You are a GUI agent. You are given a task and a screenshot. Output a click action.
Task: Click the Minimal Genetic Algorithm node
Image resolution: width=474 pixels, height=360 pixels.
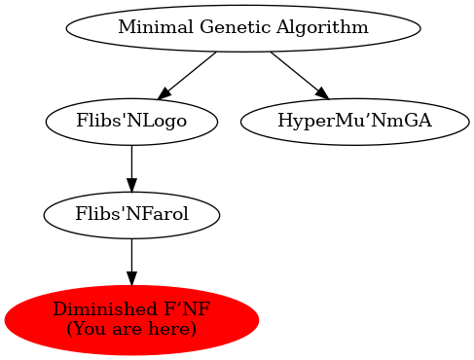tap(243, 27)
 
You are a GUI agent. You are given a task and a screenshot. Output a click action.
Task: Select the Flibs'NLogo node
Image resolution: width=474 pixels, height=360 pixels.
tap(131, 122)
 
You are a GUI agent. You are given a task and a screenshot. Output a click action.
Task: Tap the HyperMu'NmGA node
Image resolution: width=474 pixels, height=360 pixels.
tap(354, 122)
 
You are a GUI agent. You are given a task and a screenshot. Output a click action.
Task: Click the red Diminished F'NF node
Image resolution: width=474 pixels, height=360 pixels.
tap(131, 319)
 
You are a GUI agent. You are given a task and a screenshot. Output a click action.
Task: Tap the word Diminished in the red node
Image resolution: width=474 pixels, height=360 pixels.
tap(95, 310)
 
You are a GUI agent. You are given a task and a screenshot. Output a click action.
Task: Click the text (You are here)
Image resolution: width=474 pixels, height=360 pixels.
tap(131, 329)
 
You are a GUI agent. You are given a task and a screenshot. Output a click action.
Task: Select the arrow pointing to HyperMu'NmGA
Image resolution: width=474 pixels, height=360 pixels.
tap(299, 74)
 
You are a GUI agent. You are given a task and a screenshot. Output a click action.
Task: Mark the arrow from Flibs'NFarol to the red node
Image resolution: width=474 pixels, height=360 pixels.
tap(131, 262)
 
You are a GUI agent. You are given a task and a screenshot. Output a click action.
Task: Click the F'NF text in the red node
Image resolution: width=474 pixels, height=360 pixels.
tap(187, 310)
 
